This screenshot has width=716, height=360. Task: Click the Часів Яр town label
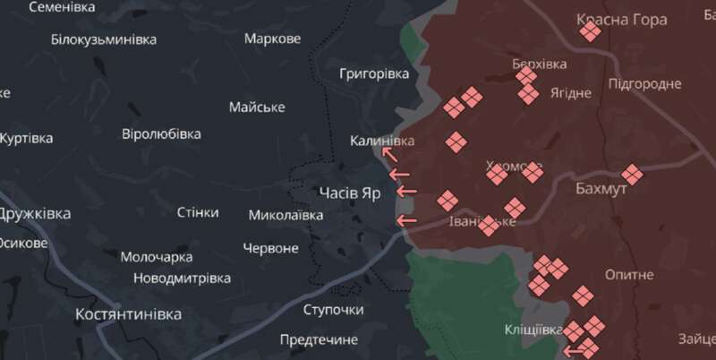350,193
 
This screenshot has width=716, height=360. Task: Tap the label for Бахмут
602,190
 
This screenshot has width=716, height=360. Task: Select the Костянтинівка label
129,314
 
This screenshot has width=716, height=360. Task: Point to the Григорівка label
374,73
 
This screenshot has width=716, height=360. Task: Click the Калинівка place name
382,141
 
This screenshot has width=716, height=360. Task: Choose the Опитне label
628,274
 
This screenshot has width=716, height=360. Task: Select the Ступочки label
333,310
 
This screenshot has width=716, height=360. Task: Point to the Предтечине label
319,339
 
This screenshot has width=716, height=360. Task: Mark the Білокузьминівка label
104,39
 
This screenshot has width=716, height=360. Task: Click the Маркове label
272,39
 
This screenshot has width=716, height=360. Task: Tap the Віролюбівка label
161,134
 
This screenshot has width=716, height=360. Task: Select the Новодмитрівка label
183,278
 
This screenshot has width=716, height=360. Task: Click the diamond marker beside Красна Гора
589,32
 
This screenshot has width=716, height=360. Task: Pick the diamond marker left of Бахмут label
632,175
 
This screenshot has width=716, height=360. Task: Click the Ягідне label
571,93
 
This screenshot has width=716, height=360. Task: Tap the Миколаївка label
286,215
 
